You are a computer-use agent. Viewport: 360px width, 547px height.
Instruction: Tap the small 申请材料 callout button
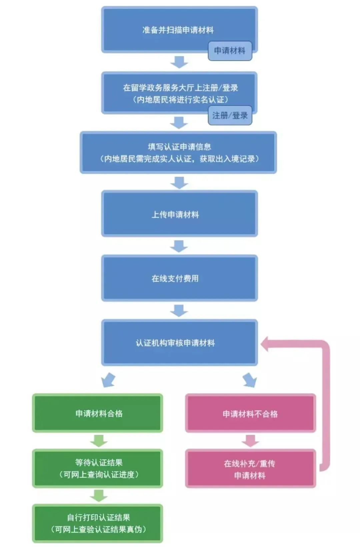pos(230,51)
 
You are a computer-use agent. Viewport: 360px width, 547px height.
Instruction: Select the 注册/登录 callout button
pos(230,115)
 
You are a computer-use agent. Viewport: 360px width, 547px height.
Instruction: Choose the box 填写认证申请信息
pos(178,153)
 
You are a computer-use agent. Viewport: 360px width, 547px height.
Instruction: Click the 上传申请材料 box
pos(179,214)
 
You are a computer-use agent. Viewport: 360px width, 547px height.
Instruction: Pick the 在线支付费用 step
pos(179,278)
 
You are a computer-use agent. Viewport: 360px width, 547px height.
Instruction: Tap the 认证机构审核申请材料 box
pos(179,342)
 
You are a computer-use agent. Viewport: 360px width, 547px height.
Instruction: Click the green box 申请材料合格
pos(98,413)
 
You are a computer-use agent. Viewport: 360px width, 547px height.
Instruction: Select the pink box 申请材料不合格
pos(250,413)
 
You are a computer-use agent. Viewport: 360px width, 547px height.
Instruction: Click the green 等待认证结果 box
pos(98,468)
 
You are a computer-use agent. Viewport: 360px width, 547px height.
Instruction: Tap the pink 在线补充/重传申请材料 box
pos(250,469)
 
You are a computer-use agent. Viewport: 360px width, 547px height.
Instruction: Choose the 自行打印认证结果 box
pos(98,523)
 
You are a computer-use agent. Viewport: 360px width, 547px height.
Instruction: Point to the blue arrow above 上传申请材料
pos(179,183)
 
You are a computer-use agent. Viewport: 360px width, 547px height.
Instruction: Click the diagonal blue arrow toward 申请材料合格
pos(109,380)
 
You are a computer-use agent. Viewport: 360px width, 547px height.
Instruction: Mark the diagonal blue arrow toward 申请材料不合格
pos(250,380)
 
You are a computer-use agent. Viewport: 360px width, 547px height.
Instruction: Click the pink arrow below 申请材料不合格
pos(250,441)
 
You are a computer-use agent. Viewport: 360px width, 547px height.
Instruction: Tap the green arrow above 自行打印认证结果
pos(98,496)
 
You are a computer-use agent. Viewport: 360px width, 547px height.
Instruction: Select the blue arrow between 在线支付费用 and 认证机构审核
pos(179,310)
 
